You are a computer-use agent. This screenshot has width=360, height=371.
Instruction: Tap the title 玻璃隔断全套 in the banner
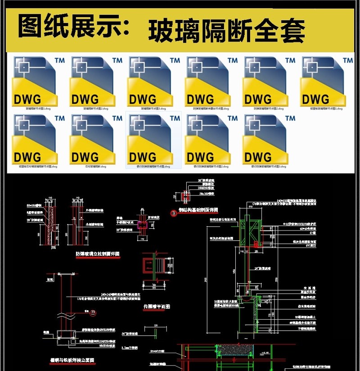(227, 31)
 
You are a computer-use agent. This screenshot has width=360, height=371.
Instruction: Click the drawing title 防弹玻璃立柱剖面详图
(97, 254)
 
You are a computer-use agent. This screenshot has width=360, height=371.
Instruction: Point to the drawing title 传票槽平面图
(156, 306)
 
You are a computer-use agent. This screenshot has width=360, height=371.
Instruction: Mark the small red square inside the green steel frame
(256, 244)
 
